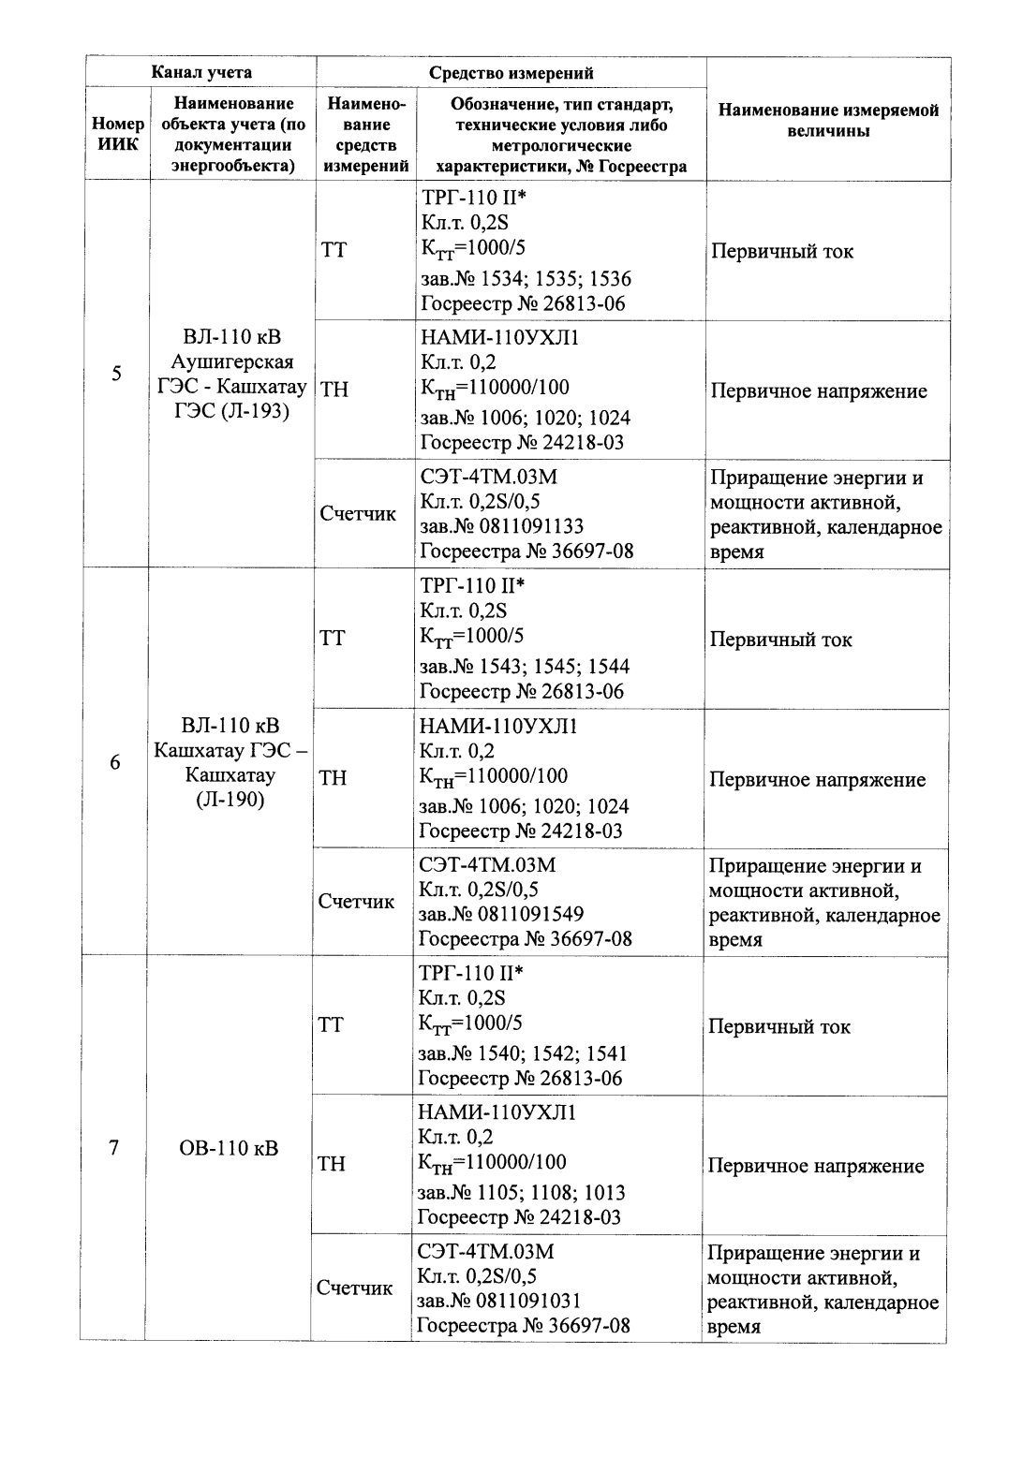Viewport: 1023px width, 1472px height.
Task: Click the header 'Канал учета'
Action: pyautogui.click(x=202, y=72)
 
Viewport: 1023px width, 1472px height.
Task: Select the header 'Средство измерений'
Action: pyautogui.click(x=511, y=73)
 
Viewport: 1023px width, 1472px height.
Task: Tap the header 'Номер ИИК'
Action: pyautogui.click(x=118, y=134)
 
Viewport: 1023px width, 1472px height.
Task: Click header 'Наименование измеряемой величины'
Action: pyautogui.click(x=828, y=121)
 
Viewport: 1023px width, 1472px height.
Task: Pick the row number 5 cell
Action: pyautogui.click(x=117, y=374)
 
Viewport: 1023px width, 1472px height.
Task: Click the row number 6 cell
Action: pyautogui.click(x=115, y=762)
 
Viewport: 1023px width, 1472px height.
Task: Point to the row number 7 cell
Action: pyautogui.click(x=113, y=1148)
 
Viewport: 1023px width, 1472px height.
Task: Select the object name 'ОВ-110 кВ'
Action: pyautogui.click(x=229, y=1148)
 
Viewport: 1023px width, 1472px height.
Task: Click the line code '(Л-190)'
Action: pyautogui.click(x=230, y=800)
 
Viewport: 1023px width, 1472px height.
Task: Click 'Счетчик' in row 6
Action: pyautogui.click(x=356, y=902)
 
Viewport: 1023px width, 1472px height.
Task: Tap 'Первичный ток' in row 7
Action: pyautogui.click(x=779, y=1026)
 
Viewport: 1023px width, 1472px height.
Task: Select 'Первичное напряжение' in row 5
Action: pyautogui.click(x=819, y=391)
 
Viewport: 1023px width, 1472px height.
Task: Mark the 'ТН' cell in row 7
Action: pyautogui.click(x=332, y=1164)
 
